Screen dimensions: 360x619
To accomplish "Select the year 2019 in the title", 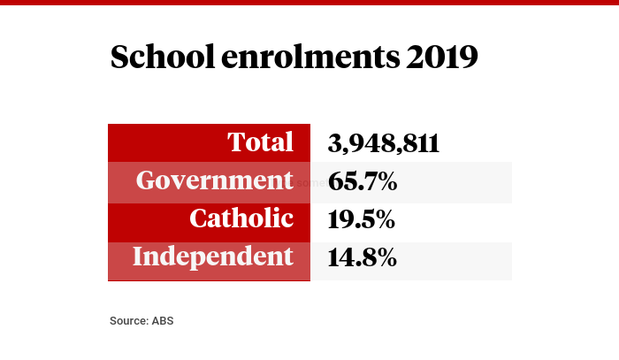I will (x=442, y=57).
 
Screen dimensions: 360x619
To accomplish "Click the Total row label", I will (x=260, y=142).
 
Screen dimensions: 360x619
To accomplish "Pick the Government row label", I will (x=214, y=180).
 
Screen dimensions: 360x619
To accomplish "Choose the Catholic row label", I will (x=241, y=218).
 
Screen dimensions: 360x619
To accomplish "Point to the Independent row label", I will (x=212, y=257).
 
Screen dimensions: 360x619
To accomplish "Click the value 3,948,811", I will (x=383, y=143).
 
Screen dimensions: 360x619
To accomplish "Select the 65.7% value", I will (x=362, y=181).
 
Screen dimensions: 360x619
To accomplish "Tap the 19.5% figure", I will (x=362, y=219).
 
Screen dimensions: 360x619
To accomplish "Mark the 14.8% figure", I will (x=362, y=257).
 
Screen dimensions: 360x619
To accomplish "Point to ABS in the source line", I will (x=163, y=320).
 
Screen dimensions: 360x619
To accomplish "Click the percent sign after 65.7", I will (x=384, y=181).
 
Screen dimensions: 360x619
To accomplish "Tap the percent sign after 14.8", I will (x=384, y=257).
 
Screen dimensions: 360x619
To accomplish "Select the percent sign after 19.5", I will (x=384, y=219).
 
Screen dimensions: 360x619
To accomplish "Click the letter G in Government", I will (x=147, y=180).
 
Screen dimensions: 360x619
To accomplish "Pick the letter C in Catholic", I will (x=200, y=218).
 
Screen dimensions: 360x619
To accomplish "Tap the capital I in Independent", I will (x=139, y=257).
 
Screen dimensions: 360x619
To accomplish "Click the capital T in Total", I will (x=236, y=142).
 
